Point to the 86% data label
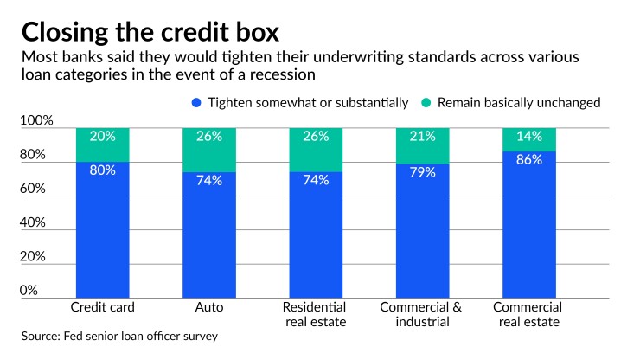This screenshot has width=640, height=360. pyautogui.click(x=529, y=160)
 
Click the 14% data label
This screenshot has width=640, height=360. pyautogui.click(x=529, y=136)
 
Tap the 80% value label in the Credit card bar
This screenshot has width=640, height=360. pyautogui.click(x=102, y=170)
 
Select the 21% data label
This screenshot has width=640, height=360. pyautogui.click(x=423, y=136)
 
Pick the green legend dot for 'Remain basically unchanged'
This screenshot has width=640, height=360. pyautogui.click(x=426, y=102)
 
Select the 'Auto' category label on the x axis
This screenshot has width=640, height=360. pyautogui.click(x=209, y=307)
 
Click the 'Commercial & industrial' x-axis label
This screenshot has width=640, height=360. pyautogui.click(x=423, y=314)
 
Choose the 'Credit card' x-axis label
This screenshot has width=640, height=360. pyautogui.click(x=102, y=307)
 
